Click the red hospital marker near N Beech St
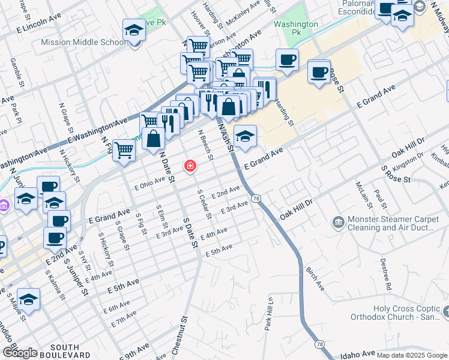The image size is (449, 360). pyautogui.click(x=190, y=166)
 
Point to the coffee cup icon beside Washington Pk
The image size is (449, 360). pyautogui.click(x=287, y=60)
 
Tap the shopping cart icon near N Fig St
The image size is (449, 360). pyautogui.click(x=124, y=150)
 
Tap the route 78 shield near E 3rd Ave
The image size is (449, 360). pyautogui.click(x=256, y=198)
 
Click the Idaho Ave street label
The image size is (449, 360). pyautogui.click(x=348, y=355)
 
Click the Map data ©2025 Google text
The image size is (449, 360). pyautogui.click(x=412, y=355)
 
